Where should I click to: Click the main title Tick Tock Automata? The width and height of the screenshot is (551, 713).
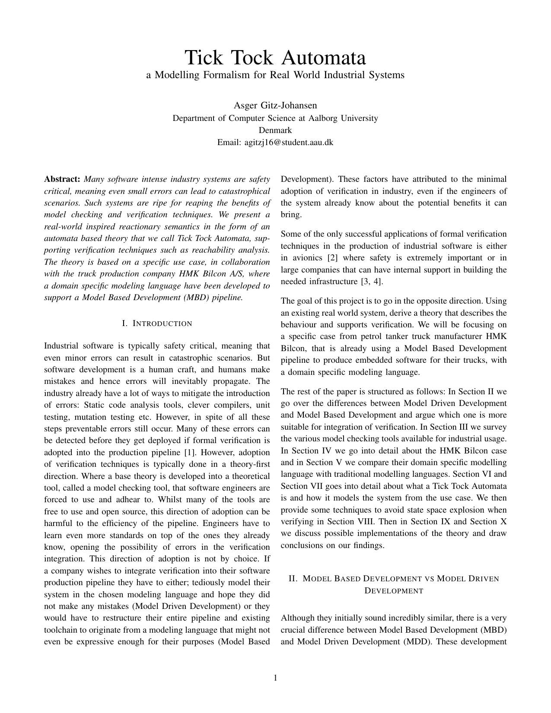tap(275, 57)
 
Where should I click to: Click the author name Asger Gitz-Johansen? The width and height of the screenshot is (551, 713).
tap(275, 105)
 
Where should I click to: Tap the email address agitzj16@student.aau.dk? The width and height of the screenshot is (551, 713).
tap(275, 142)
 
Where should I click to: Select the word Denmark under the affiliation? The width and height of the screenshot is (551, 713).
tap(275, 130)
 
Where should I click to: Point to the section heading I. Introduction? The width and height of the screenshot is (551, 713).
tap(157, 323)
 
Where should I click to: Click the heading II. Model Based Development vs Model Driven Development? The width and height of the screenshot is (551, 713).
tap(394, 584)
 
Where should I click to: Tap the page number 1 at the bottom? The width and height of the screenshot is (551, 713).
tap(275, 678)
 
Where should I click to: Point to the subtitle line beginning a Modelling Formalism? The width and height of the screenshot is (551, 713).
tap(275, 75)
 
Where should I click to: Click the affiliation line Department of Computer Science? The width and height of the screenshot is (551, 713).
tap(275, 118)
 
